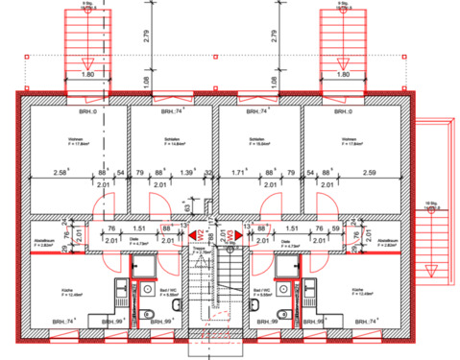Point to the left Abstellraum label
(44, 243)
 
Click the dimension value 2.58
(59, 172)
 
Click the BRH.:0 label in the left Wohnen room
(87, 111)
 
